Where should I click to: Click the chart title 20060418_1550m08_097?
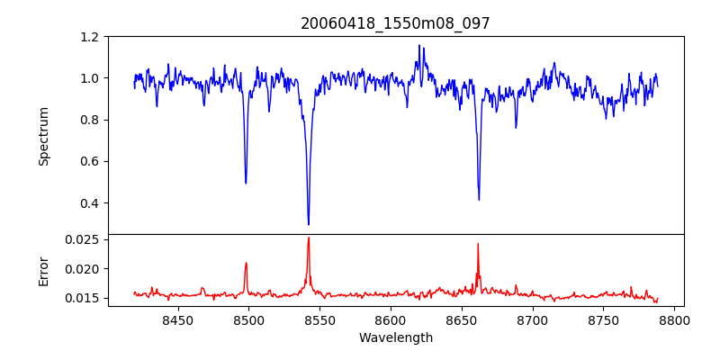(x=395, y=23)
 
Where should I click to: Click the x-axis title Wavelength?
(x=395, y=337)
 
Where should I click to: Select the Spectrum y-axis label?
(x=43, y=136)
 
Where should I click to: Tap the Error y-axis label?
(x=43, y=270)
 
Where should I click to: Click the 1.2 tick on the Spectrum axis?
(x=90, y=37)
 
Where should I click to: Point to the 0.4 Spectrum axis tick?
(x=90, y=202)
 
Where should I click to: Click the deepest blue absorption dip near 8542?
(x=308, y=224)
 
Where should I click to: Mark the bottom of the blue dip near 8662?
(x=479, y=199)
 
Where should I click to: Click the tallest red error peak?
(x=308, y=238)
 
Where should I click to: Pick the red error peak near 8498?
(x=246, y=263)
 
